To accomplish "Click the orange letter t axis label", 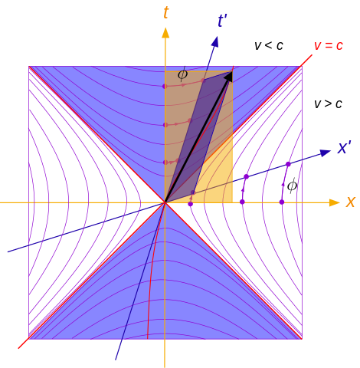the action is click(166, 12).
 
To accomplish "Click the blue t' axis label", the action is click(222, 21).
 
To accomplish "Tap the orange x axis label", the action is click(351, 202).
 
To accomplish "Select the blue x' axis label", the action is click(345, 147).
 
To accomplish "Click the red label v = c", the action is click(329, 45).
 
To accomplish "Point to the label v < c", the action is click(269, 45).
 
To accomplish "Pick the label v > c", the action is click(328, 104).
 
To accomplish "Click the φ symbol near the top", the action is click(182, 74).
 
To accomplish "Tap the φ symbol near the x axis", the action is click(292, 186).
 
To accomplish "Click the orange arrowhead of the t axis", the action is click(165, 33).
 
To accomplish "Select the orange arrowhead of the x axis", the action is click(335, 202).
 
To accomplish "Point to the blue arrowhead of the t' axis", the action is click(215, 41).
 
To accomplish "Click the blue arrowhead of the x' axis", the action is click(326, 153).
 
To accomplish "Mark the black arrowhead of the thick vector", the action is click(229, 77).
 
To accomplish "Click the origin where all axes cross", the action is click(165, 202).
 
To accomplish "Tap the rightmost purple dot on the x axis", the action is click(282, 202).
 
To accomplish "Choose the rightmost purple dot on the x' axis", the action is click(288, 164).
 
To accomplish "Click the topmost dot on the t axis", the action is click(165, 86).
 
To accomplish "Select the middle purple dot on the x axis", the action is click(242, 202).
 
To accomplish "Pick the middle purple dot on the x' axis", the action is click(247, 176).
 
